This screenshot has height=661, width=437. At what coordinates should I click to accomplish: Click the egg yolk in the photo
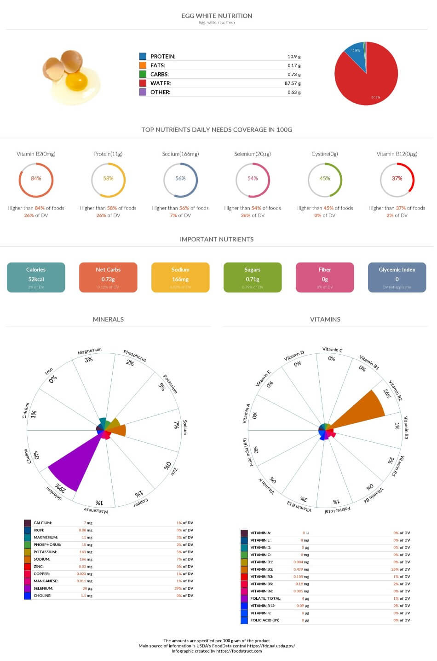[76, 82]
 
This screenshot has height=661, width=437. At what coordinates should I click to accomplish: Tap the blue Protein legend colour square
[143, 56]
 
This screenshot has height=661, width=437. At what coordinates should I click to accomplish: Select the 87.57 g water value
[292, 83]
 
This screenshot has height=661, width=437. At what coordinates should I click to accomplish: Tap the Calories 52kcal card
[36, 277]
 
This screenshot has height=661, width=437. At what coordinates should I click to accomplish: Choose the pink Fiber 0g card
[325, 277]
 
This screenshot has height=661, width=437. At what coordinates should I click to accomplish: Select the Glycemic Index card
[397, 277]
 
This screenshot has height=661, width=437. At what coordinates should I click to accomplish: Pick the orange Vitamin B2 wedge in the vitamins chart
[363, 408]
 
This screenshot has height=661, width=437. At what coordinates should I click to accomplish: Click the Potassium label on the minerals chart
[170, 384]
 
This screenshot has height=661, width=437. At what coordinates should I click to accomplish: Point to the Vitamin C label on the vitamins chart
[332, 350]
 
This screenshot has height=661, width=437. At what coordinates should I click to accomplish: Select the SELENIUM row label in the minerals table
[43, 588]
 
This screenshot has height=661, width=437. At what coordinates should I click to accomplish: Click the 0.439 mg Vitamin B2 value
[301, 569]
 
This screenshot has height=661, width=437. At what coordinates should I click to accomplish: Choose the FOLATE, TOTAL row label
[265, 598]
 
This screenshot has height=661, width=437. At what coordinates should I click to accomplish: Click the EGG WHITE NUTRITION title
[217, 16]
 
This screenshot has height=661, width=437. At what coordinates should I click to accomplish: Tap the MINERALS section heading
[108, 319]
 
